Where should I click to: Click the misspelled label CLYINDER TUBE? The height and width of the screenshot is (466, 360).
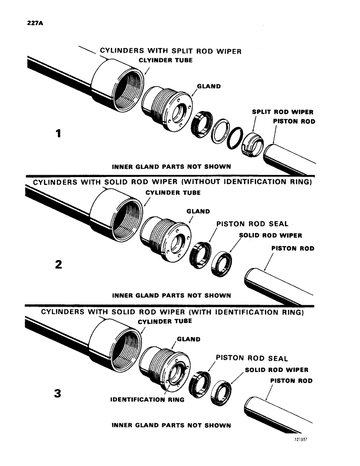click(x=166, y=61)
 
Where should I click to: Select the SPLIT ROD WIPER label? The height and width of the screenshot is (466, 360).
click(x=283, y=112)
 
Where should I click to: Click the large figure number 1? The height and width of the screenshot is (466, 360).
click(x=58, y=134)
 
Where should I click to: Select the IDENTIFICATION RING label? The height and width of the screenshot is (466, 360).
click(x=147, y=399)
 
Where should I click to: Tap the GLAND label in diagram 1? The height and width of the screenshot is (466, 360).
click(x=208, y=86)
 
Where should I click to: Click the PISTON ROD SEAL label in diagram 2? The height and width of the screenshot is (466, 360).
click(x=252, y=224)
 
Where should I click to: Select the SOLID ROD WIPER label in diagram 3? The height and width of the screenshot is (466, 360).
click(x=276, y=370)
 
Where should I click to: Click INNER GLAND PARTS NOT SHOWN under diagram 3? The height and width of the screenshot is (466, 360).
click(x=172, y=425)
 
